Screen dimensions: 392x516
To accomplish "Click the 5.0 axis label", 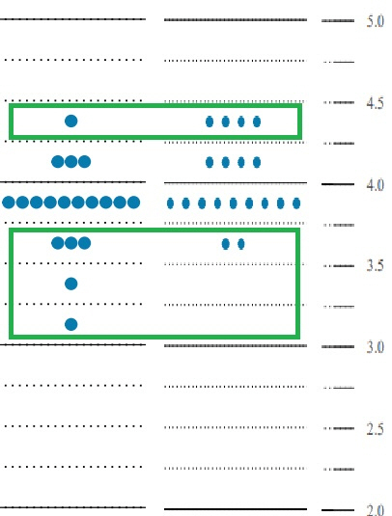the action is click(x=376, y=21).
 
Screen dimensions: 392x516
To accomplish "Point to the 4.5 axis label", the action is click(x=376, y=103).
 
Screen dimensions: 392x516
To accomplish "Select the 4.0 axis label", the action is click(x=376, y=185).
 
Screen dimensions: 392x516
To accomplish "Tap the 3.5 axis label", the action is click(x=376, y=265).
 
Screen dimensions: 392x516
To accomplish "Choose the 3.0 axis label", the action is click(x=376, y=347).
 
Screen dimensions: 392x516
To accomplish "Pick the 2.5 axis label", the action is click(x=376, y=429).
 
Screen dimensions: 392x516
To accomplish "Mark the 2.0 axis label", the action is click(x=376, y=510).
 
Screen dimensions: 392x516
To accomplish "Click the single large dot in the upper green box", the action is click(x=71, y=122).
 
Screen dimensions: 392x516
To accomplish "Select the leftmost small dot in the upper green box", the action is click(x=210, y=122).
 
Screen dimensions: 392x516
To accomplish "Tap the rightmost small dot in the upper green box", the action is click(x=257, y=122).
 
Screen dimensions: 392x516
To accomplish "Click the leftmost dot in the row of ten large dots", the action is click(x=9, y=203).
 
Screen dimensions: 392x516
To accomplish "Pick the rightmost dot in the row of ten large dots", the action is click(x=133, y=203).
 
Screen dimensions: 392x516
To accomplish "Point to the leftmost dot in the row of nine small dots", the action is click(x=170, y=204).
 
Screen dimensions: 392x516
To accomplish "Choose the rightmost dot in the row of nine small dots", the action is click(x=296, y=204).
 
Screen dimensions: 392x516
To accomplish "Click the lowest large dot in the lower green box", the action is click(x=71, y=324).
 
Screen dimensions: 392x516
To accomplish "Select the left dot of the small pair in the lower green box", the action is click(x=225, y=244).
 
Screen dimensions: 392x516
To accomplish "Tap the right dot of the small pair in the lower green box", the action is click(x=241, y=244).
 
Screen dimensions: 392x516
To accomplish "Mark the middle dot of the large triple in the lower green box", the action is click(x=71, y=243).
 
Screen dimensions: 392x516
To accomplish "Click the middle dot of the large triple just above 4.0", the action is click(x=71, y=162).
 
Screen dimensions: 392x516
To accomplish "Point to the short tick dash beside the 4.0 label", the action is click(x=338, y=184).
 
